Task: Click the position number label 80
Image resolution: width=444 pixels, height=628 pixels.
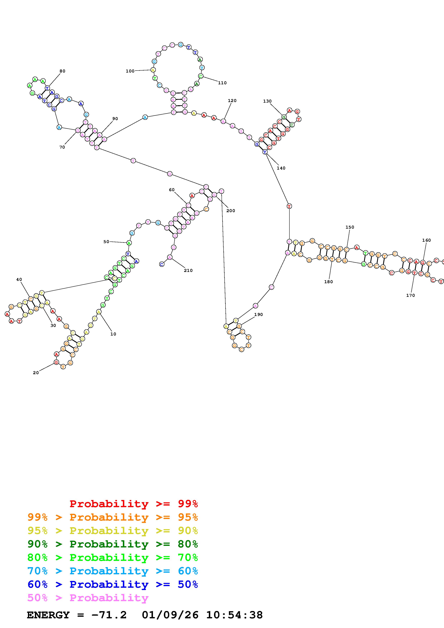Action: tap(62, 71)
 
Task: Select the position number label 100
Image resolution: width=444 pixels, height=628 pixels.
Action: tap(130, 71)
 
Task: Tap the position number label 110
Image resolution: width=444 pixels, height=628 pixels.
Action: tap(222, 83)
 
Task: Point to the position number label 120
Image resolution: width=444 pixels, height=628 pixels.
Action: tap(232, 101)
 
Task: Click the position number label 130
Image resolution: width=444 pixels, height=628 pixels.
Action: tap(267, 101)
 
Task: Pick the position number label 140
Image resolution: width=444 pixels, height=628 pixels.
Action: tap(281, 168)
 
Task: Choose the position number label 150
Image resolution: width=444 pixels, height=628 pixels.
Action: tap(350, 227)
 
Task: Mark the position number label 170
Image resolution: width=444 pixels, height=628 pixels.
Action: tap(410, 295)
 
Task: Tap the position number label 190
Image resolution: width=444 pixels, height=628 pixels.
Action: tap(258, 315)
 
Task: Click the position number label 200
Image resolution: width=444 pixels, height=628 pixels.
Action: tap(231, 211)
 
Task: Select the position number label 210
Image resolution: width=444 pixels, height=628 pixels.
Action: tap(188, 270)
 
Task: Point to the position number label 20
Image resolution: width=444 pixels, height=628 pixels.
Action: tap(36, 373)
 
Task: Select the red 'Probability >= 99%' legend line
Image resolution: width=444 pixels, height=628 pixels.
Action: tap(134, 504)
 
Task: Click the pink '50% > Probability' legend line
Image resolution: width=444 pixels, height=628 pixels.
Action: tap(88, 598)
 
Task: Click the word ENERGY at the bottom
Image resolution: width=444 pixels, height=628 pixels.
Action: tap(48, 615)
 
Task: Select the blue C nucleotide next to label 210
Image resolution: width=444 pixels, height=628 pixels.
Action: tap(162, 264)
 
